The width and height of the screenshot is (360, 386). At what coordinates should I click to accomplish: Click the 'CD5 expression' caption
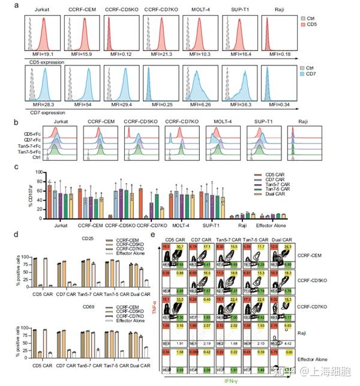[43, 61]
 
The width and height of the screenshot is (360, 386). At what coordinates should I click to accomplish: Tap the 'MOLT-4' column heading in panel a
[201, 11]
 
